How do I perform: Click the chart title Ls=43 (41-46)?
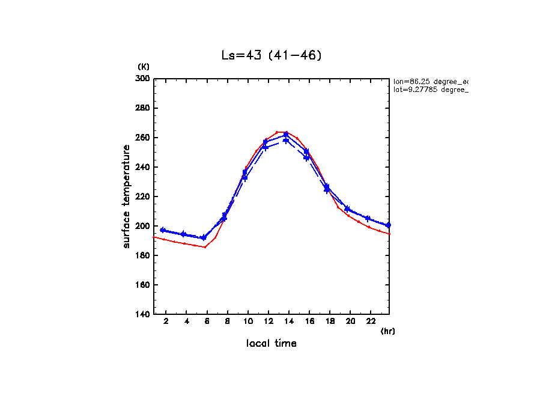(271, 55)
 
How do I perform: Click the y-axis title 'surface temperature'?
(127, 196)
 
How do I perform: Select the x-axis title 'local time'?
(271, 343)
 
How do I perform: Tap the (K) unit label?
(144, 67)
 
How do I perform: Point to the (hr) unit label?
(387, 331)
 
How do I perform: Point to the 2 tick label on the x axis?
(166, 321)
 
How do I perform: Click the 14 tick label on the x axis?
(289, 321)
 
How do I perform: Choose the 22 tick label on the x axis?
(371, 321)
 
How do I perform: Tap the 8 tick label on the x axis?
(228, 321)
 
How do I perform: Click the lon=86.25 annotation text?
(429, 81)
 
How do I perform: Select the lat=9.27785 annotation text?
(429, 90)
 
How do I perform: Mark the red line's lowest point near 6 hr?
(205, 247)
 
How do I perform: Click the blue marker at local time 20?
(347, 209)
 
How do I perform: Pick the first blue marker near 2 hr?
(163, 230)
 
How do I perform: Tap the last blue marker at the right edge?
(388, 225)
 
